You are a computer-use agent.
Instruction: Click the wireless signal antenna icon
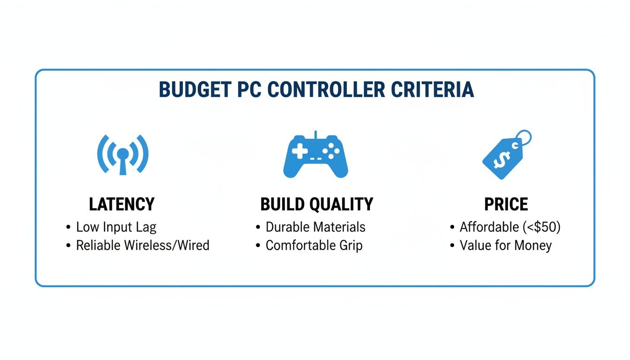tap(123, 155)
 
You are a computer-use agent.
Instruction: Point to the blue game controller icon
tap(315, 156)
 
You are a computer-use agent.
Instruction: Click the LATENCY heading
tap(121, 204)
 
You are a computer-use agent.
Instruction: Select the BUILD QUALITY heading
tap(317, 204)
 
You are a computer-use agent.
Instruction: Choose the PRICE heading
tap(506, 204)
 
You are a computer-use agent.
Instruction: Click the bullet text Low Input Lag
tap(116, 227)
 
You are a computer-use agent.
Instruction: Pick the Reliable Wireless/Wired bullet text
tap(142, 245)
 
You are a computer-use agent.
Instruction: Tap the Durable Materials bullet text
tap(315, 227)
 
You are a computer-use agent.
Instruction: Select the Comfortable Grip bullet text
tap(314, 245)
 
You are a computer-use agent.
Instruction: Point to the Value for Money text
tap(506, 245)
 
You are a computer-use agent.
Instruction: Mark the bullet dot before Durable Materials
tap(258, 228)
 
